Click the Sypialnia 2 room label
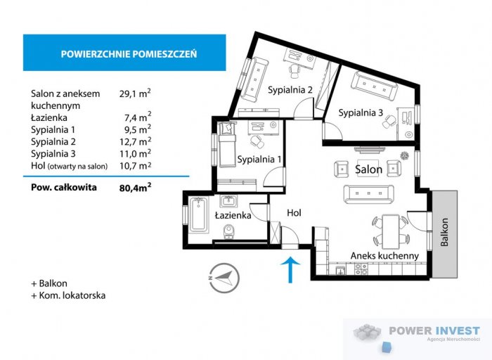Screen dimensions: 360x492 (x=290, y=89)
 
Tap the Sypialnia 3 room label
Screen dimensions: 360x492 (x=360, y=112)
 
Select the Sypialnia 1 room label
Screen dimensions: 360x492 (x=259, y=159)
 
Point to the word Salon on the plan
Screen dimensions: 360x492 (x=368, y=169)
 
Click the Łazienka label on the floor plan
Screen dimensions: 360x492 (x=233, y=216)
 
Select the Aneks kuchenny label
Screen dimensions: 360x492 (x=386, y=256)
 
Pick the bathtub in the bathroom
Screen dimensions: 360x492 (x=195, y=217)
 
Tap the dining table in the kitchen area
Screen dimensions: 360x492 (x=388, y=227)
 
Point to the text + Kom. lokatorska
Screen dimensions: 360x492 (x=68, y=295)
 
